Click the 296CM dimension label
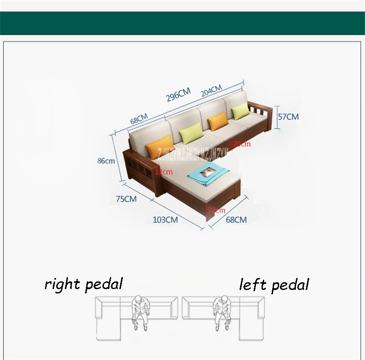coord(178,95)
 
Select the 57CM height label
coord(289,117)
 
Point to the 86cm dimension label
coord(106,161)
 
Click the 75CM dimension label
coord(126,199)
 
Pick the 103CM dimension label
coord(165,220)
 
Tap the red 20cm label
coord(241,144)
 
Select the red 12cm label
coord(164,172)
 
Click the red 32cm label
coord(217,210)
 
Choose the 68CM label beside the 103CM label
coord(236,220)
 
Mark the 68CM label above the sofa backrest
coord(139,119)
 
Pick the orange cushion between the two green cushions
coord(218,121)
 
